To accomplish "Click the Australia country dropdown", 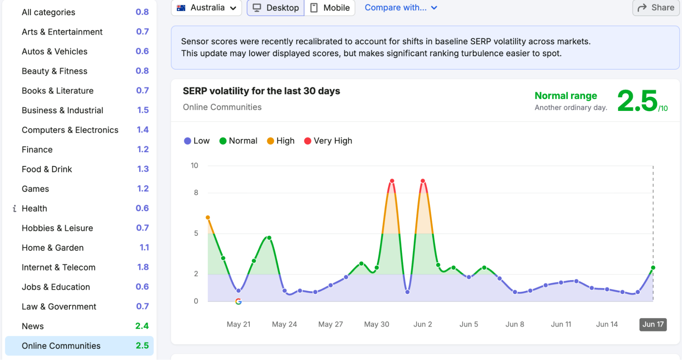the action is pos(206,8).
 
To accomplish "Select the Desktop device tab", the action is pos(276,8).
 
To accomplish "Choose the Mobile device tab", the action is pos(330,8).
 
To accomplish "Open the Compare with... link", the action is pos(401,8).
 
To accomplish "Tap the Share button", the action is pos(656,8).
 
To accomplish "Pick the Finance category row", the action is pos(85,149).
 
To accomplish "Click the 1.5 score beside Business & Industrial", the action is pos(143,110).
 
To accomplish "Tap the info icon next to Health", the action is pos(14,208).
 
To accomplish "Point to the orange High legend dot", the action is pos(270,141).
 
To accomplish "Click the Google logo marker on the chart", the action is pos(238,301).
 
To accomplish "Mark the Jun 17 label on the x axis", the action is pos(653,324).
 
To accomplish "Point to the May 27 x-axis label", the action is pos(331,324).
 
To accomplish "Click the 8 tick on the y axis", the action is pos(196,192).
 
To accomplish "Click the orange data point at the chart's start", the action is pos(208,217).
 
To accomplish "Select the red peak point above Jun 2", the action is pos(423,181).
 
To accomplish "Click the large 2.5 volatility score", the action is pos(637,101).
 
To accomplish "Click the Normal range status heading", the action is pos(566,96).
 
